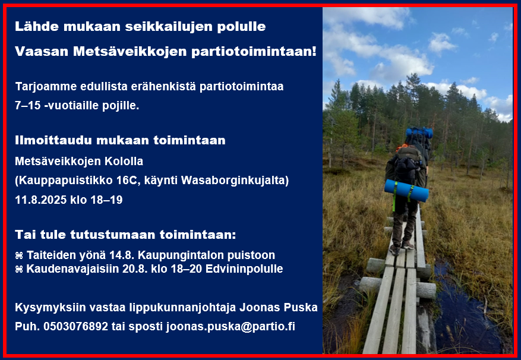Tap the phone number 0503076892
pos(76,326)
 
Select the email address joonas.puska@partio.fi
pos(230,327)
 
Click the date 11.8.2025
pos(41,200)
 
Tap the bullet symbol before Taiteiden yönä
pos(19,255)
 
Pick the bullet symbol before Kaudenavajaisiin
pos(19,269)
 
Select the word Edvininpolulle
pos(244,269)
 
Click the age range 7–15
pos(28,105)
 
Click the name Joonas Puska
pos(279,308)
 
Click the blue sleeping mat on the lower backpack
pos(406,191)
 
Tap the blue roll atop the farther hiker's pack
pos(419,132)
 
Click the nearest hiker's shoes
pos(402,248)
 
